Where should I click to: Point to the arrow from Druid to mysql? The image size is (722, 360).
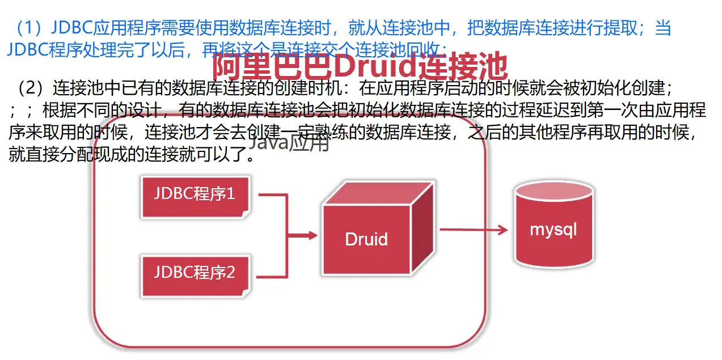[x=473, y=230]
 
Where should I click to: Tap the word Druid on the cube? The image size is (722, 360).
[x=366, y=239]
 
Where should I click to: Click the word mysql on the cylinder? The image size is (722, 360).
[x=553, y=230]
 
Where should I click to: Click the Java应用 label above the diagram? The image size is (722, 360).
[x=289, y=144]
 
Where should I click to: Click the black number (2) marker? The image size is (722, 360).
[x=31, y=88]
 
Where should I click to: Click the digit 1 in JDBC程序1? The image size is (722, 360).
[x=230, y=194]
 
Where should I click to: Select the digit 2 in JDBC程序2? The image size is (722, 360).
[x=230, y=273]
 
